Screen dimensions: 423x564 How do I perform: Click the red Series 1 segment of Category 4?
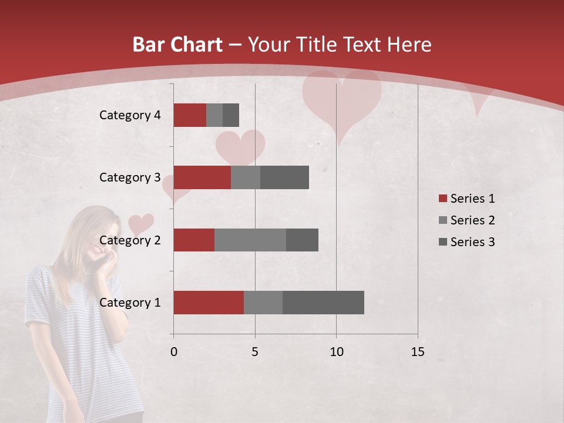[x=190, y=115]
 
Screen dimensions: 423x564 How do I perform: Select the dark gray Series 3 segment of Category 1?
[x=323, y=303]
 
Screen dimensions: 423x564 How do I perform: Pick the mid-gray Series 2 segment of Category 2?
[x=250, y=240]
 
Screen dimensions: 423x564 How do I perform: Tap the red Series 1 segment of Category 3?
[x=202, y=177]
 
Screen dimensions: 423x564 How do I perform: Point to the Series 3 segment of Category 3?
[x=284, y=177]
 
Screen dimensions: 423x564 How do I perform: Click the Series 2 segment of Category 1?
[x=263, y=303]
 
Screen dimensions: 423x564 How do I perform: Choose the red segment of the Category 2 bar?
[x=194, y=240]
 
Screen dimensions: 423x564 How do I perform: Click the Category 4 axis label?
[x=130, y=115]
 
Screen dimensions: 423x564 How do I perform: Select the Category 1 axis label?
[x=130, y=303]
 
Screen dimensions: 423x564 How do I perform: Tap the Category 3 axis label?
[x=130, y=177]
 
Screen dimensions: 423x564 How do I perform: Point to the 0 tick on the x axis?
[x=174, y=352]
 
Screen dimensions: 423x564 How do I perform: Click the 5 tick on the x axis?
[x=255, y=352]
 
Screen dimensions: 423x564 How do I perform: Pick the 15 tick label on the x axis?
[x=418, y=352]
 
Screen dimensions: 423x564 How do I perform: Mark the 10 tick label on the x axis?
[x=336, y=352]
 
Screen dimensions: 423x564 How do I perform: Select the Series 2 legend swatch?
[x=442, y=220]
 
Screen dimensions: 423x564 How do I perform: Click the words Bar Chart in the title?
[x=177, y=45]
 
